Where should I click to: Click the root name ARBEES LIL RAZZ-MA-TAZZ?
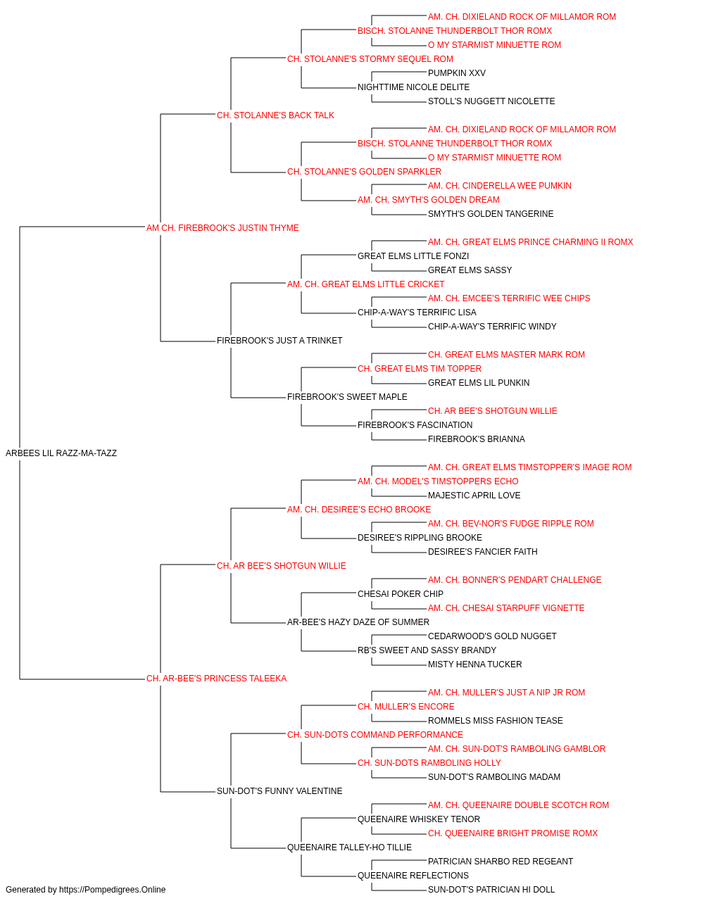tap(61, 453)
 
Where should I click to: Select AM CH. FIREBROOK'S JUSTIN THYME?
tap(222, 228)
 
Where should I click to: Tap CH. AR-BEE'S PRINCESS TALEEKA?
tap(216, 679)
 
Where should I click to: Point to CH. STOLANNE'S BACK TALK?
tap(275, 115)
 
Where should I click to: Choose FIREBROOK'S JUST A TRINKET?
tap(279, 341)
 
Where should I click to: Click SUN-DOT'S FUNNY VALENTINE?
tap(279, 791)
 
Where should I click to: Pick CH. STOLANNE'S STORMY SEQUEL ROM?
tap(370, 59)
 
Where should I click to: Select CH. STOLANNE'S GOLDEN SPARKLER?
tap(364, 172)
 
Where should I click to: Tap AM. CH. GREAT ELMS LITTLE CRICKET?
tap(365, 284)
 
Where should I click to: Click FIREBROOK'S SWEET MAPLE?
tap(347, 397)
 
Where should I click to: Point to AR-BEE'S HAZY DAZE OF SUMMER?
tap(358, 622)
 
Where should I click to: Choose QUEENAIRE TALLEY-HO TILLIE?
tap(349, 848)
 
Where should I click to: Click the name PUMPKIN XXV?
tap(456, 73)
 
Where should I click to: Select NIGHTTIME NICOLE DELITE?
tap(413, 87)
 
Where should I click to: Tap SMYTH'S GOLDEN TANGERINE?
tap(491, 214)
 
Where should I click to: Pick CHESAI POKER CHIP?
tap(401, 594)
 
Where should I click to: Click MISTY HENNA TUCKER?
tap(474, 664)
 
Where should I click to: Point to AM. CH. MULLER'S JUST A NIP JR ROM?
tap(506, 693)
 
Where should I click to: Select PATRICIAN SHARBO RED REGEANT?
tap(501, 862)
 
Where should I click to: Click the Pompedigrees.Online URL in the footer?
tap(112, 890)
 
